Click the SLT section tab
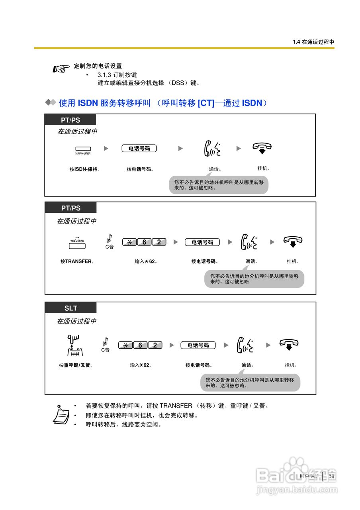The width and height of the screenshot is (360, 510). [x=70, y=308]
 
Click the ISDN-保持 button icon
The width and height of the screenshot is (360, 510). [x=83, y=149]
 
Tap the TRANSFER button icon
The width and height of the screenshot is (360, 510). [x=77, y=245]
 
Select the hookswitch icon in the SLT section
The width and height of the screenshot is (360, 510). [x=74, y=345]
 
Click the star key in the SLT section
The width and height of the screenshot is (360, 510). [x=125, y=345]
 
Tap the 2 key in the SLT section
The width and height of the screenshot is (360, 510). [x=155, y=345]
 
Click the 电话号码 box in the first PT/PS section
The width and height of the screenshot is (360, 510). [x=139, y=149]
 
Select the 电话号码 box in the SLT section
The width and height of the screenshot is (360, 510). [x=198, y=345]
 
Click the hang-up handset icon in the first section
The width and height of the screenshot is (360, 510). [x=262, y=148]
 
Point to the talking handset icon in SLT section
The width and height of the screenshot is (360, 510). [x=245, y=345]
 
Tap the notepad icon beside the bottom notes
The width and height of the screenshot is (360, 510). [x=61, y=415]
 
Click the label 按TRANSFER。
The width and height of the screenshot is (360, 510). [x=77, y=262]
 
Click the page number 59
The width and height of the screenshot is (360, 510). [x=331, y=476]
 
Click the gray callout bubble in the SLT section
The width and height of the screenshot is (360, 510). [x=250, y=383]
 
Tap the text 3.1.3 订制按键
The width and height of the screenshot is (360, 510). [x=117, y=75]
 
